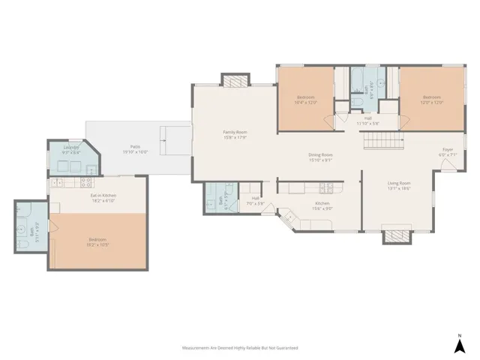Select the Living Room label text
(x=398, y=185)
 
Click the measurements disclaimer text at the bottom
(x=240, y=348)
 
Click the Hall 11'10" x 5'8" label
(x=367, y=120)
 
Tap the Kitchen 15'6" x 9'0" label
(x=322, y=205)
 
